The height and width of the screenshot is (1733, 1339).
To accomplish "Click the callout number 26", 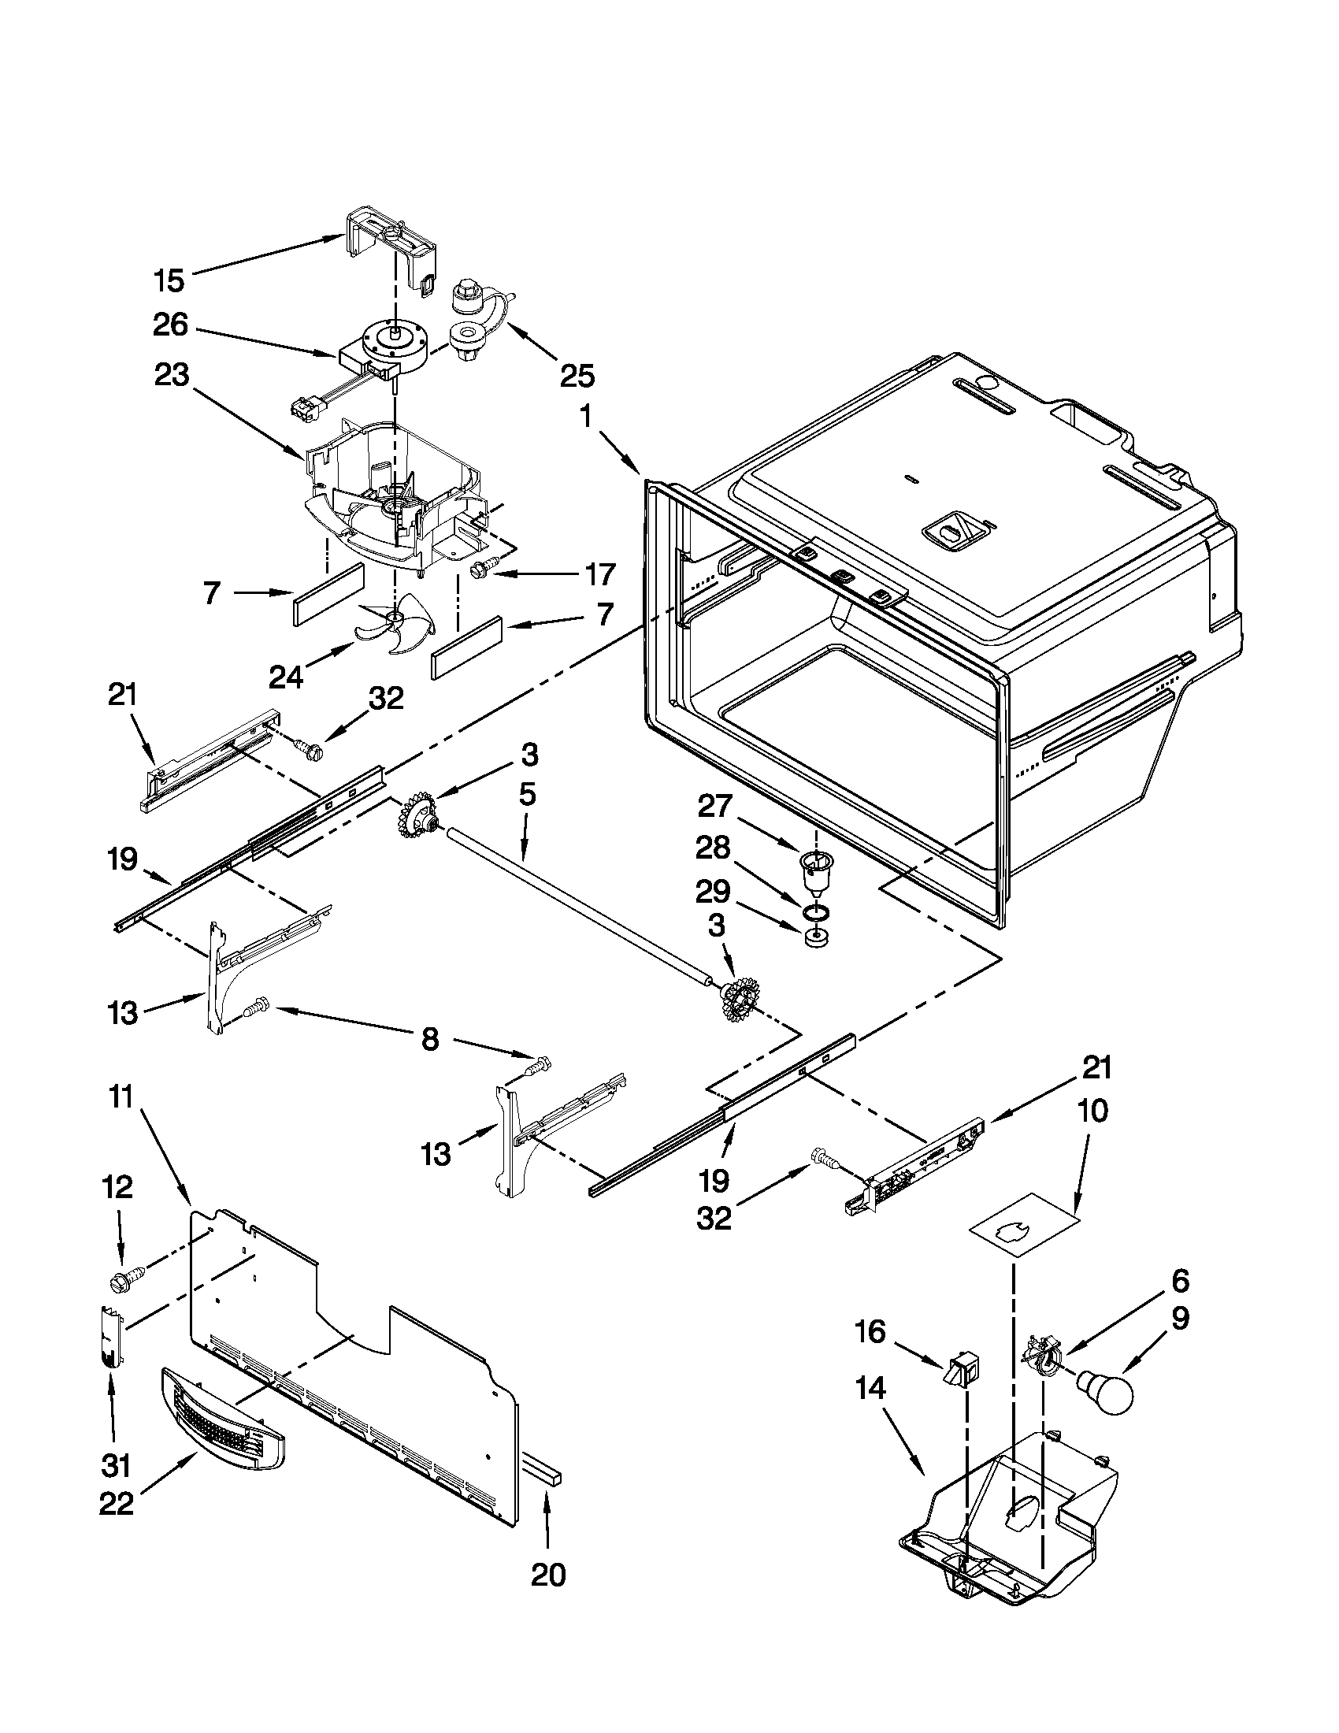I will [x=171, y=325].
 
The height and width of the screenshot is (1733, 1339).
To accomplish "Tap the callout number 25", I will [x=577, y=376].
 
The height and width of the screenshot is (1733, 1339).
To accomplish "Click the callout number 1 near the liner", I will [x=586, y=417].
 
